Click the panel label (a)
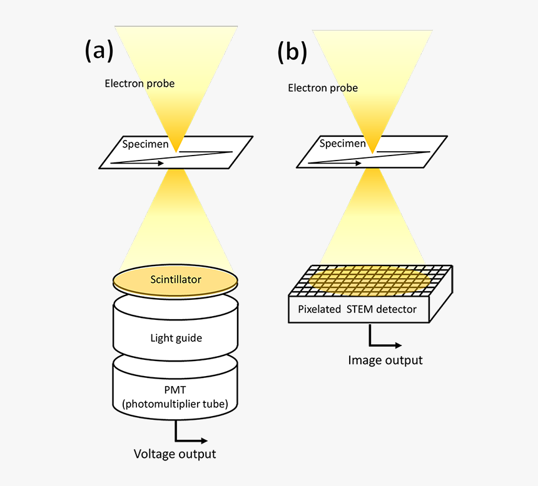coord(99,51)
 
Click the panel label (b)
coord(292,52)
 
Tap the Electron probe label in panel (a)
coord(140,84)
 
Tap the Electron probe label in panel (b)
coord(323,88)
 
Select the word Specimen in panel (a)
coord(146,144)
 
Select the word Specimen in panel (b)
coord(342,143)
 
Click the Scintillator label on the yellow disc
coord(176,279)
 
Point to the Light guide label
coord(176,338)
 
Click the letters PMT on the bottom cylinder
coord(175,390)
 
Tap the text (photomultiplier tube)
coord(175,404)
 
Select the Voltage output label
coord(175,454)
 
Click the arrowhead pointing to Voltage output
coord(205,441)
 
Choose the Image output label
coord(385,360)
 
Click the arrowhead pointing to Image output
coord(398,345)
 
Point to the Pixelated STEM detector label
coord(357,309)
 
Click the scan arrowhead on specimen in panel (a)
coord(161,163)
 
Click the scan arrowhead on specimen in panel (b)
coord(358,163)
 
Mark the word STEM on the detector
coord(360,309)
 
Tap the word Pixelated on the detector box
coord(320,309)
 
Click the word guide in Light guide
coord(188,339)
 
